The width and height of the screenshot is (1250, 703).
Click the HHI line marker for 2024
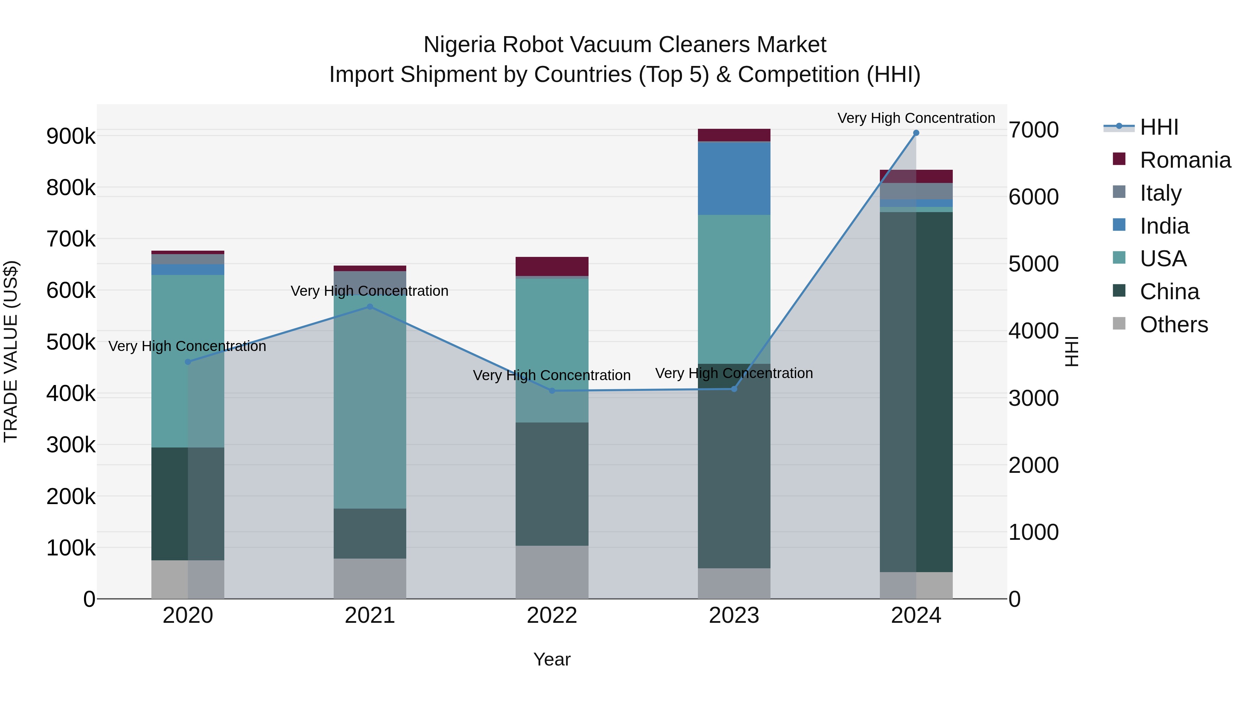[916, 133]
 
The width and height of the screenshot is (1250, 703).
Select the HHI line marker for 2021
[370, 307]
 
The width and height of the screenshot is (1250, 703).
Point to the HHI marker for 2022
[552, 391]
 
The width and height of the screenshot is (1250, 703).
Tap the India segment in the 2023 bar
[734, 178]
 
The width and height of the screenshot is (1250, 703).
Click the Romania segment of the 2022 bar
[552, 266]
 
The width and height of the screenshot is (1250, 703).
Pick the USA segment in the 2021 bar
[370, 402]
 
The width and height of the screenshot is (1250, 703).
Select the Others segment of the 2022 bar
[552, 572]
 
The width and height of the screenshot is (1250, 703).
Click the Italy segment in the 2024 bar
[916, 191]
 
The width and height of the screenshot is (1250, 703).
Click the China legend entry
[1169, 292]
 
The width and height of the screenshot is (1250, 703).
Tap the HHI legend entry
[1159, 127]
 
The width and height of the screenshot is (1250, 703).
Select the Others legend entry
[1173, 325]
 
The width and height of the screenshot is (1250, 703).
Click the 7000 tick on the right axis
[1033, 130]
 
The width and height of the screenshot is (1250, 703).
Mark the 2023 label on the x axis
[734, 616]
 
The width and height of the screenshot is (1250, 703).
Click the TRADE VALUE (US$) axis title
[11, 351]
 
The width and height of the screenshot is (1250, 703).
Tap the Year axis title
[552, 659]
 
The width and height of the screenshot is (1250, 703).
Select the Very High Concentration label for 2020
[187, 346]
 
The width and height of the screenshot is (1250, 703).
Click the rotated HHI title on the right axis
[1072, 351]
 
